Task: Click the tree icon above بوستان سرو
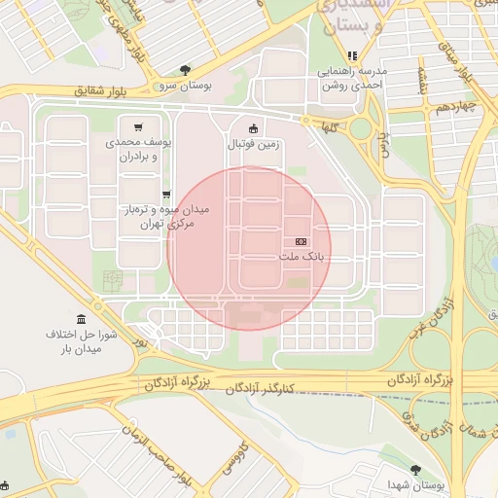point(185,69)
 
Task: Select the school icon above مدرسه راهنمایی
point(352,55)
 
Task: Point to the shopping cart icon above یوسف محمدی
point(139,126)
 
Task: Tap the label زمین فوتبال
point(253,144)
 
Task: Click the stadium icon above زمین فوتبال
point(254,127)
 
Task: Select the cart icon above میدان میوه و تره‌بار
point(166,195)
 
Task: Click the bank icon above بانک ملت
point(300,241)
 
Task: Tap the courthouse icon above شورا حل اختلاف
point(80,318)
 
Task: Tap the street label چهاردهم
point(454,106)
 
